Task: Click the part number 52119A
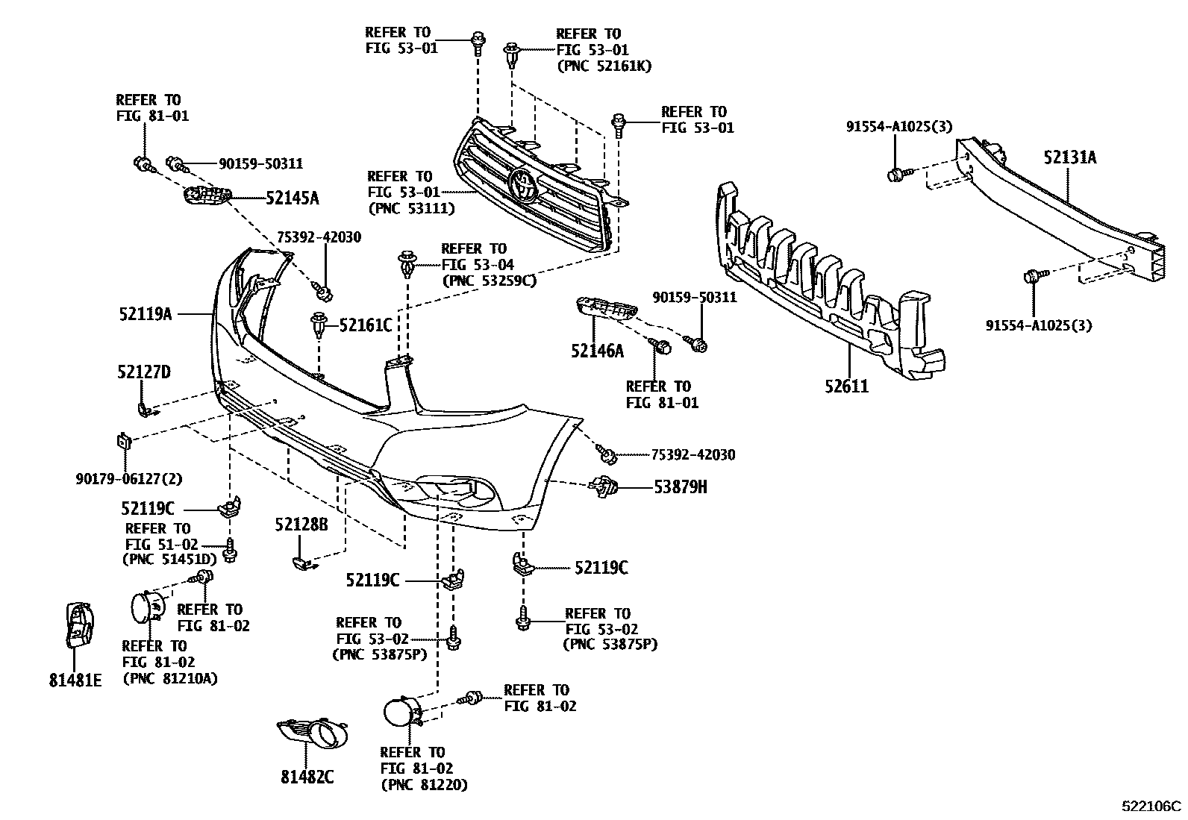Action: tap(145, 314)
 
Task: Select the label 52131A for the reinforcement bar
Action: tap(1069, 157)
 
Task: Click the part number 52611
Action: tap(846, 386)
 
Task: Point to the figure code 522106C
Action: tap(1152, 807)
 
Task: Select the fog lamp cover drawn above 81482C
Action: tap(314, 733)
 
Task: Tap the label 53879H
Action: tap(680, 487)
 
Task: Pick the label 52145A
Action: tap(292, 198)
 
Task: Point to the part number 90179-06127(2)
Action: tap(128, 478)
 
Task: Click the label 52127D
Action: tap(143, 372)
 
